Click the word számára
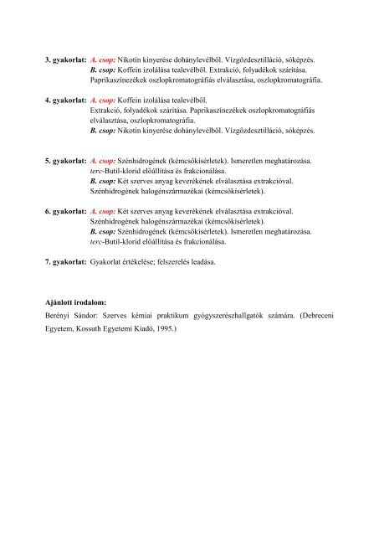[301, 314]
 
